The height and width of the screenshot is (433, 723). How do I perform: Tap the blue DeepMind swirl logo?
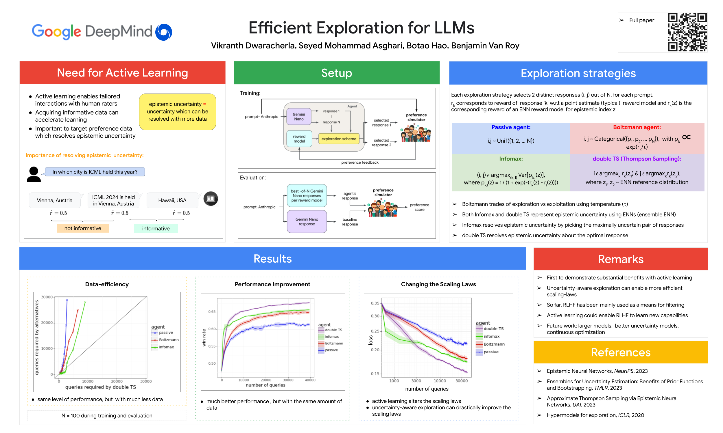[x=163, y=32]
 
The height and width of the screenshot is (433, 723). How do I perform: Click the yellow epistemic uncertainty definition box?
[x=177, y=111]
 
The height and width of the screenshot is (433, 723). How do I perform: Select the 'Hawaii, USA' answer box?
[x=172, y=200]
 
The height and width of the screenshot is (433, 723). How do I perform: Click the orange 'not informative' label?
[x=83, y=228]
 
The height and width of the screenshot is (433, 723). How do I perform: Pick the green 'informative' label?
[x=156, y=228]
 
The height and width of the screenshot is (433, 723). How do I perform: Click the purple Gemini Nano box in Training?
[x=299, y=117]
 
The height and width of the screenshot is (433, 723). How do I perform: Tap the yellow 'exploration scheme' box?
[x=338, y=139]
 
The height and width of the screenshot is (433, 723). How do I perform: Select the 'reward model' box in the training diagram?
[x=299, y=139]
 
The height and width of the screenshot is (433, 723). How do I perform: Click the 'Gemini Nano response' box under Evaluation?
[x=307, y=222]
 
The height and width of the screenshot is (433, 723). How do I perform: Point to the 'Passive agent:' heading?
[x=510, y=127]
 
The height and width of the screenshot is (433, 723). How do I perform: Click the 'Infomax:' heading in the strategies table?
[x=510, y=159]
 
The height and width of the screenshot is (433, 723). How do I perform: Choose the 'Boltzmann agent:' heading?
[x=637, y=127]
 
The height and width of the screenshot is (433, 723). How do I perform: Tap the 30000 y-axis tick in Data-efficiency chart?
[x=47, y=297]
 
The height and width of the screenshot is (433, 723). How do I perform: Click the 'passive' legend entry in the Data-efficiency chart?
[x=165, y=333]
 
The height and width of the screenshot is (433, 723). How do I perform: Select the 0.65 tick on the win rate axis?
[x=212, y=312]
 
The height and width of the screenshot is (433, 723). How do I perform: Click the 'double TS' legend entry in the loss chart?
[x=493, y=329]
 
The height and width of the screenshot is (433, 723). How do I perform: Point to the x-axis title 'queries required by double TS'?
[x=101, y=387]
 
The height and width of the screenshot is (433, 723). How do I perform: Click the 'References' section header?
[x=620, y=352]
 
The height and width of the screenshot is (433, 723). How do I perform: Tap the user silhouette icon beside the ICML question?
[x=34, y=174]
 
